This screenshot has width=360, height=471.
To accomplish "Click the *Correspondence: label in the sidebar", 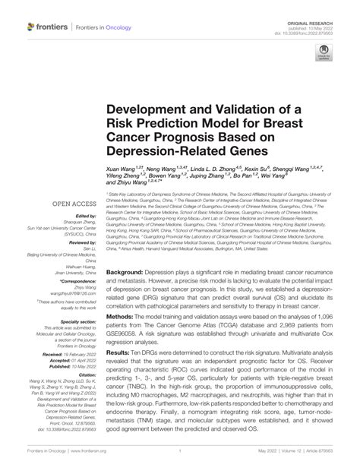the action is [63, 280].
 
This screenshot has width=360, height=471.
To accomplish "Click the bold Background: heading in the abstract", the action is [131, 271].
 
